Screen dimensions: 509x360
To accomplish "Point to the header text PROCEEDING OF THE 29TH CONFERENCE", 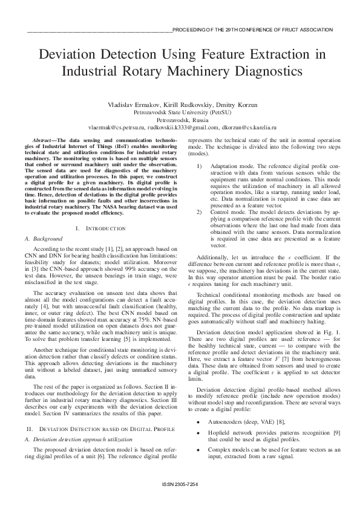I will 252,30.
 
